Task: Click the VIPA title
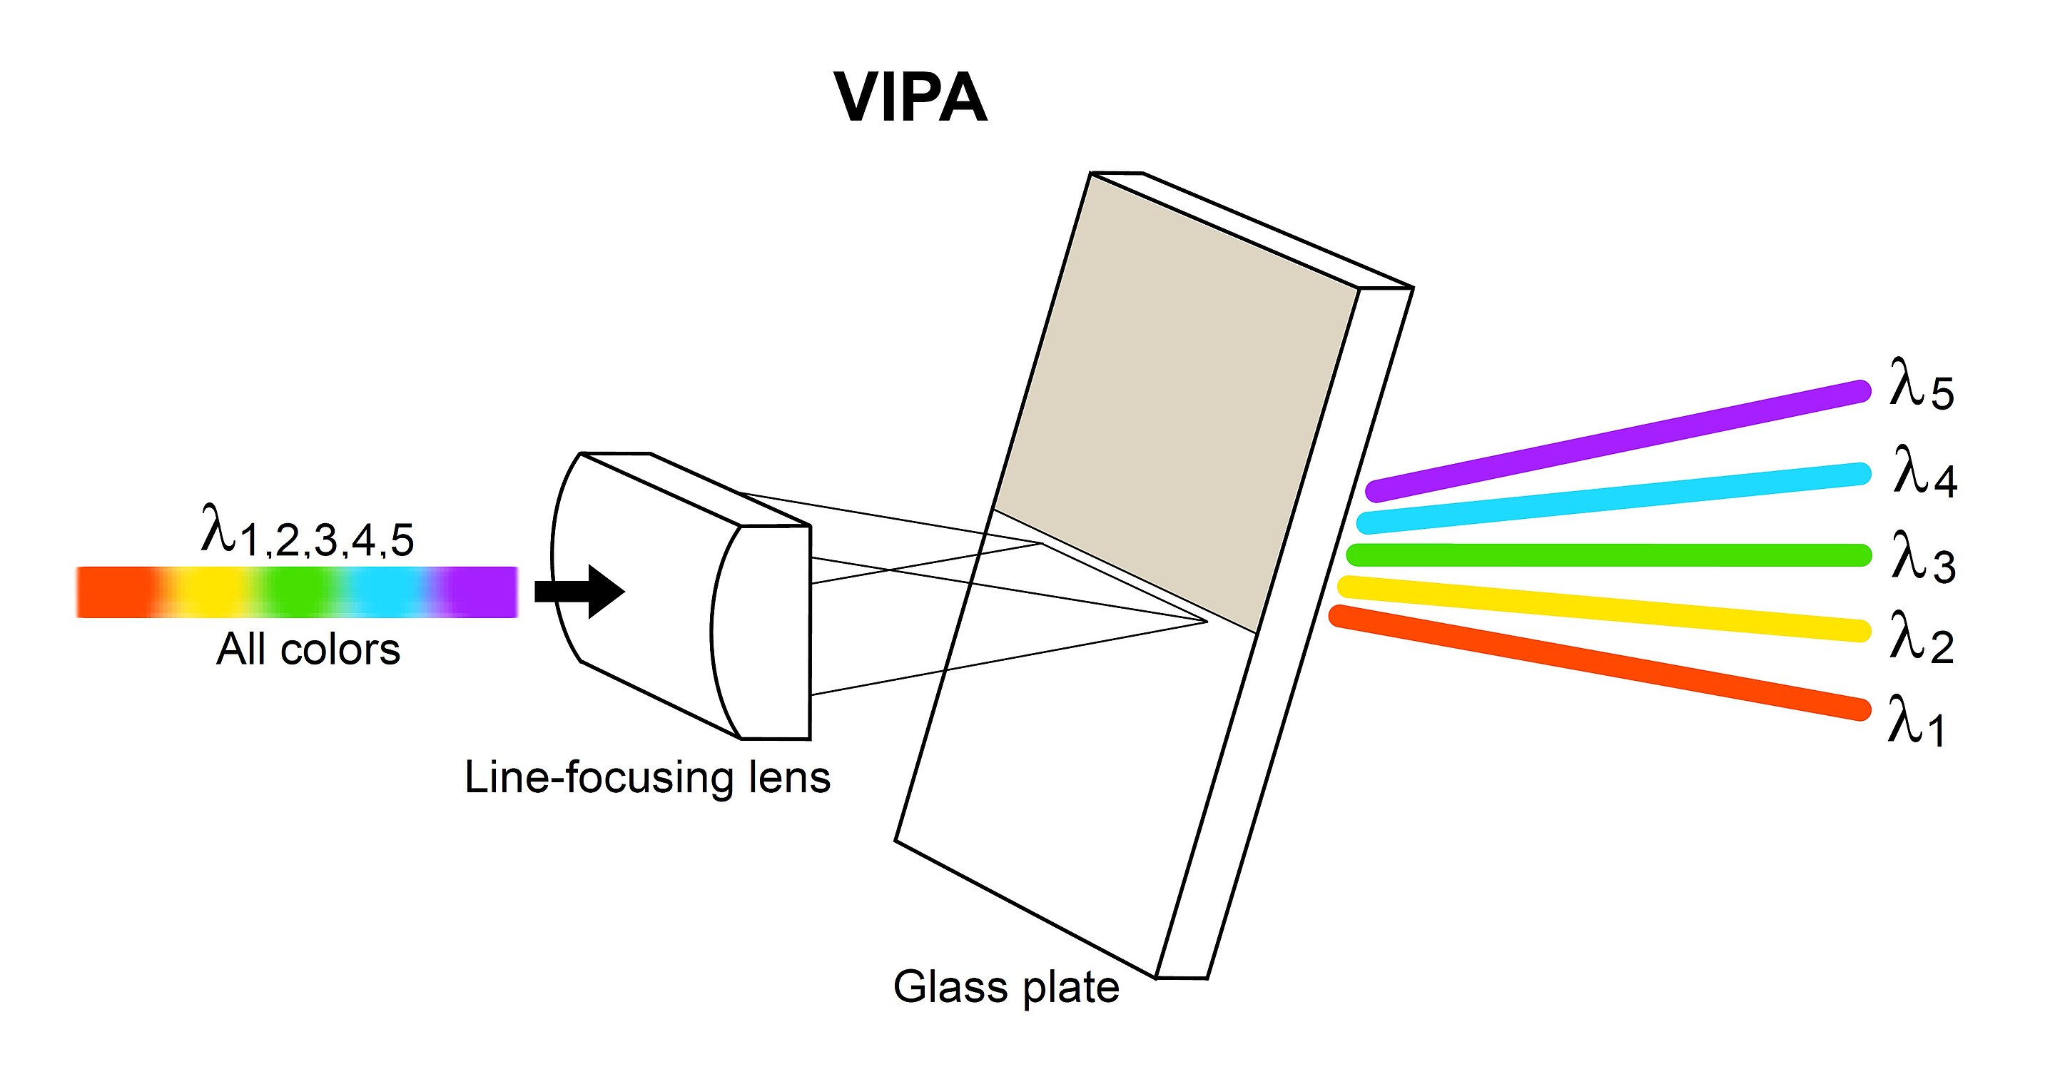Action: click(910, 97)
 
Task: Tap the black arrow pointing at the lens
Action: click(579, 592)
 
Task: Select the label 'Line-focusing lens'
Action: click(647, 777)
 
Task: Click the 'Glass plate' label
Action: click(1006, 988)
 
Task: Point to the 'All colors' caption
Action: click(308, 649)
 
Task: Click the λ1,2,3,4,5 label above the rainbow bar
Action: click(307, 530)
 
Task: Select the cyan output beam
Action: click(1614, 497)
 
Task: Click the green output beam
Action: click(1608, 555)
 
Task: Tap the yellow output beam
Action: click(1604, 609)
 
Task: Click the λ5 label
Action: click(1921, 385)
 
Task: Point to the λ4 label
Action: click(1925, 472)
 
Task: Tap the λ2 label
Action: click(1921, 637)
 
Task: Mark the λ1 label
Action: click(1916, 720)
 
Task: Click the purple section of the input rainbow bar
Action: click(477, 592)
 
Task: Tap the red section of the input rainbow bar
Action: click(116, 592)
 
